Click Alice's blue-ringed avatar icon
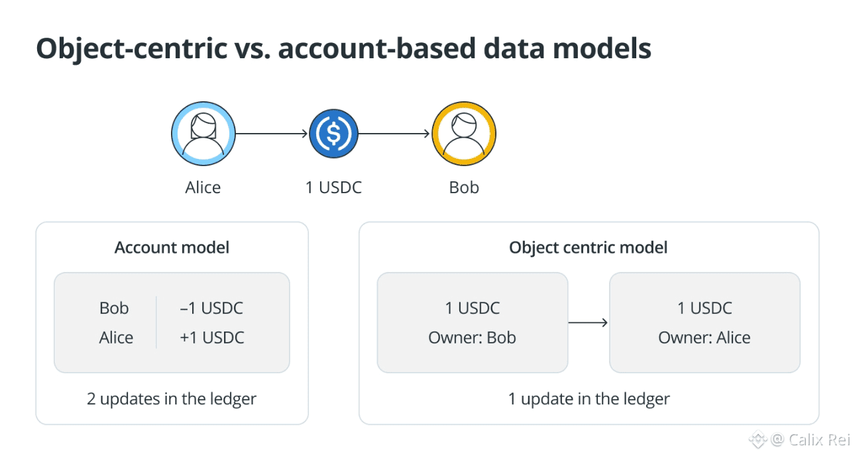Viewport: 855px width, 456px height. pos(203,134)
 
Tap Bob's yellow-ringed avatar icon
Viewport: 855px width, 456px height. pos(464,134)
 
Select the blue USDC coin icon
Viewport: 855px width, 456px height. pos(333,134)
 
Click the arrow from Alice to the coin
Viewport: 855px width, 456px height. pos(271,134)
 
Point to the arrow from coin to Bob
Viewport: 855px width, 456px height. pos(394,134)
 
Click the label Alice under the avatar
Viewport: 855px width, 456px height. pos(203,187)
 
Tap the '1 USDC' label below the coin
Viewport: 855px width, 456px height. pos(333,187)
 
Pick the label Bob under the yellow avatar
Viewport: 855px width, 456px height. pos(464,187)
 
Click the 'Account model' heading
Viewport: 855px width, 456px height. pos(172,248)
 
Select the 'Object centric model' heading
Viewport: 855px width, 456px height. pos(588,248)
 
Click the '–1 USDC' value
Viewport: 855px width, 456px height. pos(211,308)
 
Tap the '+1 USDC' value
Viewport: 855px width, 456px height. pos(212,338)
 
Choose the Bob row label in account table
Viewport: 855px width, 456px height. pos(114,308)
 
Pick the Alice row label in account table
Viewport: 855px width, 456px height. pos(116,338)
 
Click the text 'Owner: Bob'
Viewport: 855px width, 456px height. pos(472,338)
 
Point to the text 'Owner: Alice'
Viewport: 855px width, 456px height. pos(705,338)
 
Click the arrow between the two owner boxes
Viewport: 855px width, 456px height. pos(588,322)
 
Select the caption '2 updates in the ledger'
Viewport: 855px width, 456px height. pos(172,399)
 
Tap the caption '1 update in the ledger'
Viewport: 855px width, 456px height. pos(589,399)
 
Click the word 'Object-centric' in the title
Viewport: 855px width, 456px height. pos(132,49)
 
